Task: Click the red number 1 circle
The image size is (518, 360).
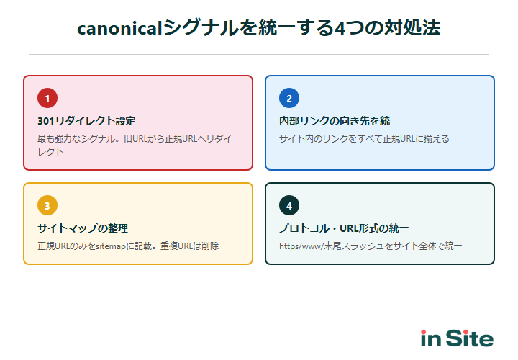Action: pyautogui.click(x=47, y=99)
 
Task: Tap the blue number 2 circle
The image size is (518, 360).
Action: pyautogui.click(x=289, y=99)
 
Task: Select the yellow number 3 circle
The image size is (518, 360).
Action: pyautogui.click(x=47, y=206)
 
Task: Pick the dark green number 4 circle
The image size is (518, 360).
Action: pyautogui.click(x=289, y=206)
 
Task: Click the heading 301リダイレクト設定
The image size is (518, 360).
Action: pyautogui.click(x=86, y=121)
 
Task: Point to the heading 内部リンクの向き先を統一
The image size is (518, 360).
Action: pyautogui.click(x=339, y=121)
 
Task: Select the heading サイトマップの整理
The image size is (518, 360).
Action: pyautogui.click(x=82, y=228)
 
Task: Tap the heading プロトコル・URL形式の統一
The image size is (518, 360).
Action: pyautogui.click(x=344, y=228)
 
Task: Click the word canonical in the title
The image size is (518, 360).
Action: pyautogui.click(x=119, y=28)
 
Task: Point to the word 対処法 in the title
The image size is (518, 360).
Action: pyautogui.click(x=418, y=28)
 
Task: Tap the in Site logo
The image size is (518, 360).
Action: pyautogui.click(x=457, y=338)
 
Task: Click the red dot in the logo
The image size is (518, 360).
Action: pyautogui.click(x=424, y=332)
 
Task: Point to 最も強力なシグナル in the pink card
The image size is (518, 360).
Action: pyautogui.click(x=79, y=138)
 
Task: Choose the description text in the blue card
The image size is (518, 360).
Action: pyautogui.click(x=363, y=138)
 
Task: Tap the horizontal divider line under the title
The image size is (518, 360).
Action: pyautogui.click(x=259, y=54)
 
